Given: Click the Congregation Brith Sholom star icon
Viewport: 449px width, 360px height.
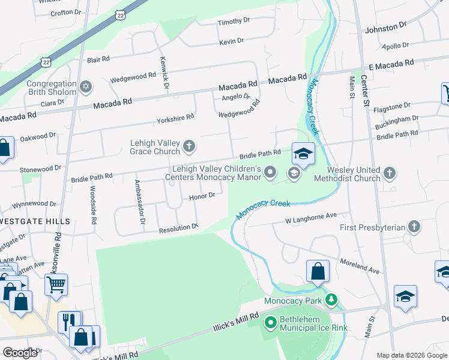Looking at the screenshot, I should click(85, 88).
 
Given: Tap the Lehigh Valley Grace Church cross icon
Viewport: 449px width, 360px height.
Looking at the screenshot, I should click(189, 146).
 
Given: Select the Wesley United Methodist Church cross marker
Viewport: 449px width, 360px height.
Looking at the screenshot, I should click(390, 173).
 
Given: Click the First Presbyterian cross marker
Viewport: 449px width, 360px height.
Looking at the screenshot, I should click(414, 227).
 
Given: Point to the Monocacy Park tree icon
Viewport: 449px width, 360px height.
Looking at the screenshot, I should click(330, 299).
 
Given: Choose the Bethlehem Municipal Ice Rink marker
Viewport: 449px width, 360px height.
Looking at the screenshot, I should click(270, 323).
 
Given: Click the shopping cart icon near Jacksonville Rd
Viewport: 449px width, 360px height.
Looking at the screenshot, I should click(56, 285).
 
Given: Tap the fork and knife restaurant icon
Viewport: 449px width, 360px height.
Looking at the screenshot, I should click(69, 322).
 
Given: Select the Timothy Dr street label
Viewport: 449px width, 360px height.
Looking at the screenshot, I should click(234, 21).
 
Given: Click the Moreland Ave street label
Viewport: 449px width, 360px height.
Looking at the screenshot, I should click(360, 267).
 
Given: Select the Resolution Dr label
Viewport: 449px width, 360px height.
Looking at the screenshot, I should click(178, 229).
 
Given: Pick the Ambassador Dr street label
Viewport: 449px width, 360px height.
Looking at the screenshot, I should click(139, 202).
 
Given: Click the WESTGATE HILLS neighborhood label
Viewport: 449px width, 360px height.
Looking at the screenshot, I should click(35, 221).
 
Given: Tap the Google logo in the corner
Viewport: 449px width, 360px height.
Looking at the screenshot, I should click(20, 353).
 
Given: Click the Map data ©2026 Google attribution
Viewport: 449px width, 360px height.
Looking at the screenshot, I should click(412, 355).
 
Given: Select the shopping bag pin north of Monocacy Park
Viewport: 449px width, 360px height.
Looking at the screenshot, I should click(318, 271).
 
